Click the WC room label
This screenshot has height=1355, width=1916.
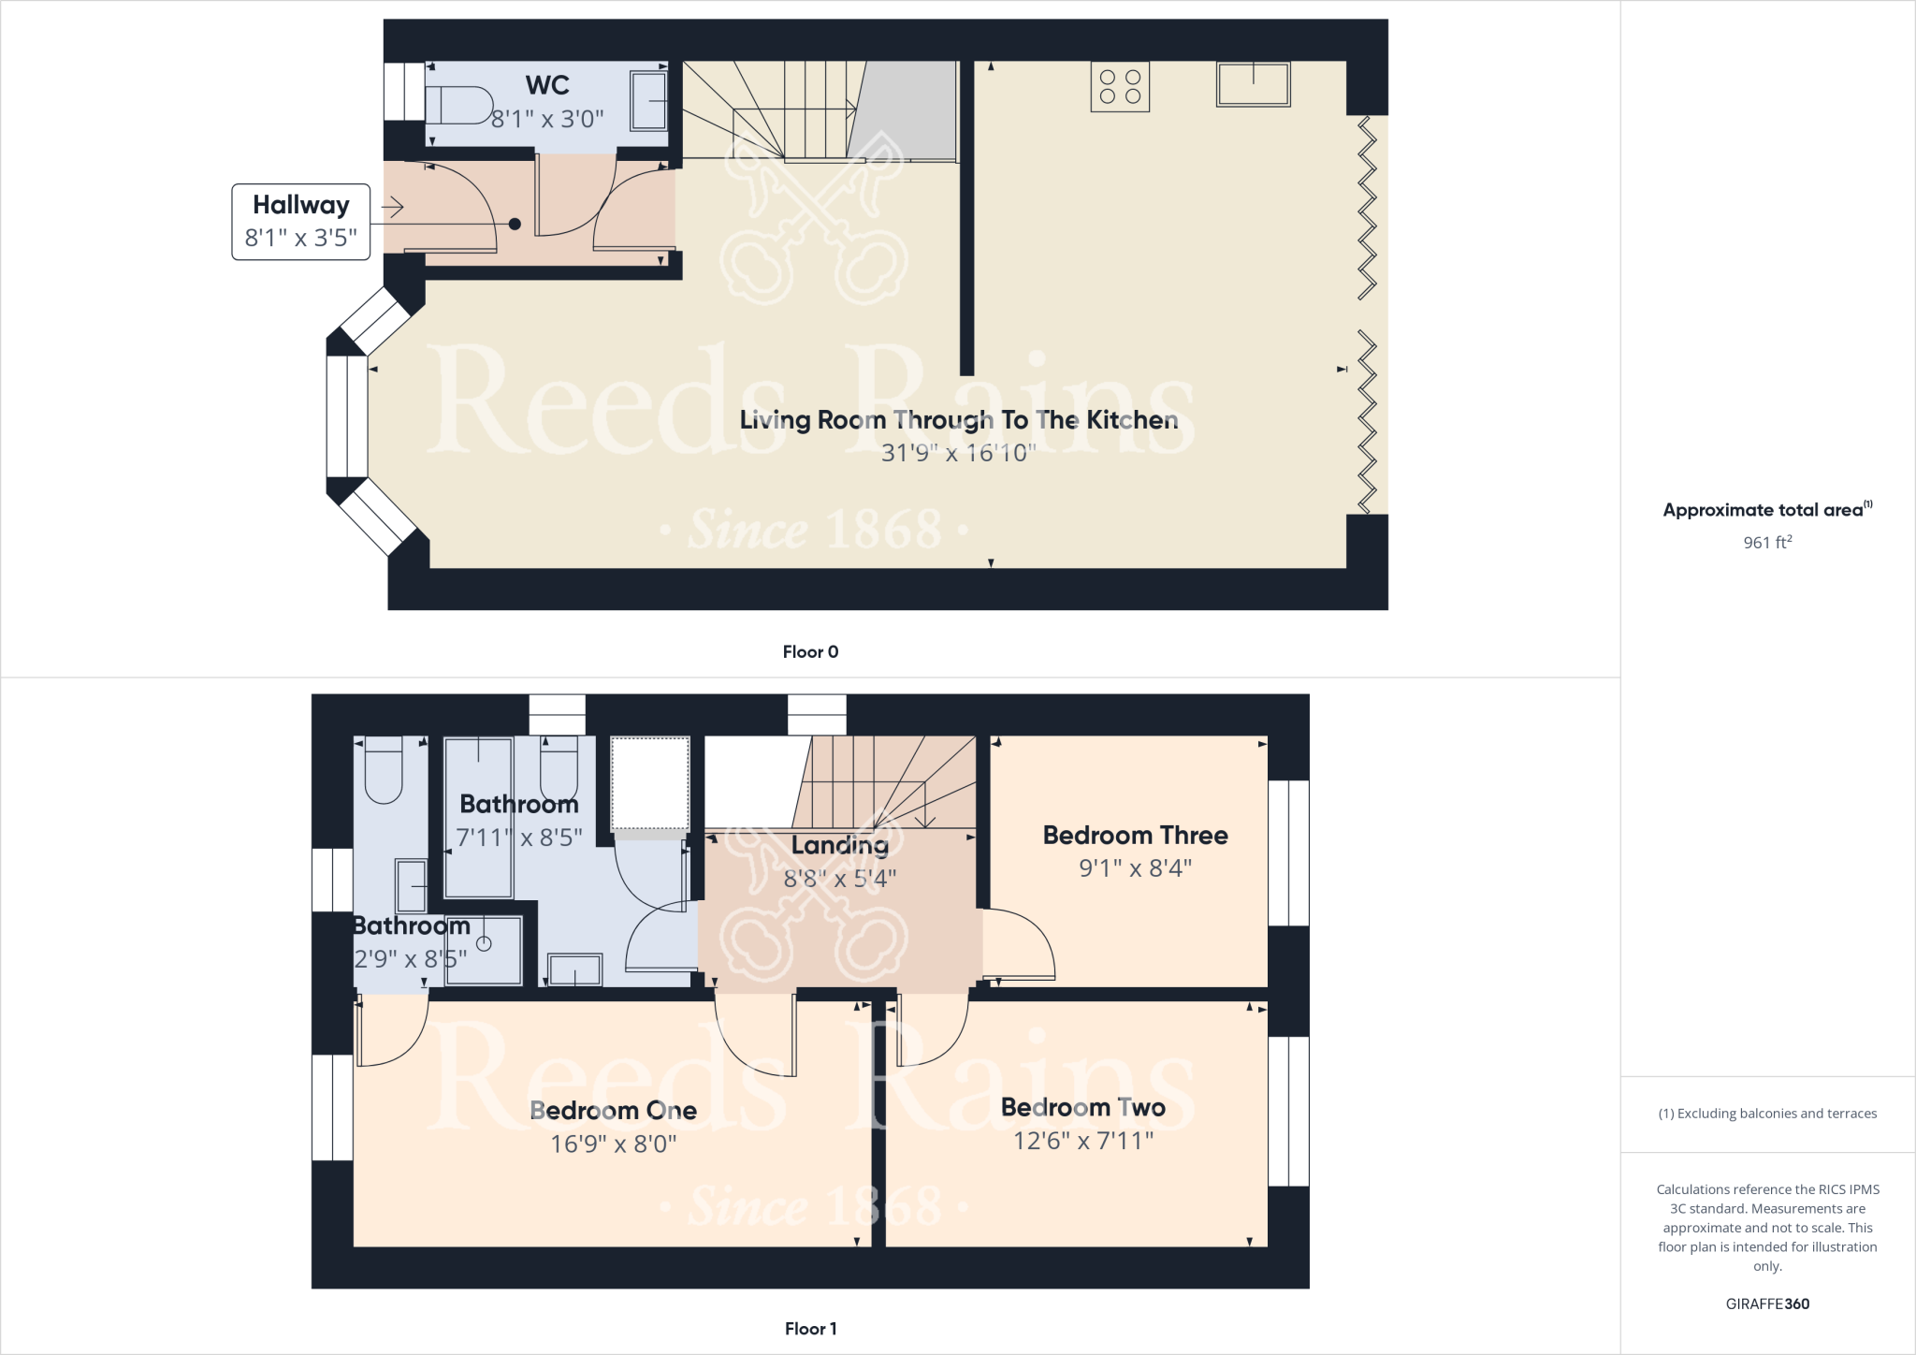547,85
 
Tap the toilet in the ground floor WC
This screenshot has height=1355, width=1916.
458,106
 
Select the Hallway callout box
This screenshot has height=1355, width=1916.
300,222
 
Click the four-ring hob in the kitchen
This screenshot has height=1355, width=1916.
1120,87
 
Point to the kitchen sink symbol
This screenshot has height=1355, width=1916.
1253,84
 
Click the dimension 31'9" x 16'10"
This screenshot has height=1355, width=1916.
958,453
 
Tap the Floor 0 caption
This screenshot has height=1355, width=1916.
810,652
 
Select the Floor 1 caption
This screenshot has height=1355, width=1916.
810,1329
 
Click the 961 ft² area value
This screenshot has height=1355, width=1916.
1767,543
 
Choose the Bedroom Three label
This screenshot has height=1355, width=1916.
1135,835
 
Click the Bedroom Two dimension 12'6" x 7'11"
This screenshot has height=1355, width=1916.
1083,1141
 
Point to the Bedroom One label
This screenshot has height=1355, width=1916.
613,1110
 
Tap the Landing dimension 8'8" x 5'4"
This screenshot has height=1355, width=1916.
839,879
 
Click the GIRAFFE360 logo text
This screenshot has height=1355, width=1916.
1767,1304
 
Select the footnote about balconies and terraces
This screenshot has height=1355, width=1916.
1767,1114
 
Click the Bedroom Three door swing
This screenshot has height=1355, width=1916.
1020,945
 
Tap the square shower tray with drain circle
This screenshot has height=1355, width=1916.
484,950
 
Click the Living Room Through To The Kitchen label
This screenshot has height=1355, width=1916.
958,420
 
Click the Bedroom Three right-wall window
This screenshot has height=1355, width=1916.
1288,852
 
